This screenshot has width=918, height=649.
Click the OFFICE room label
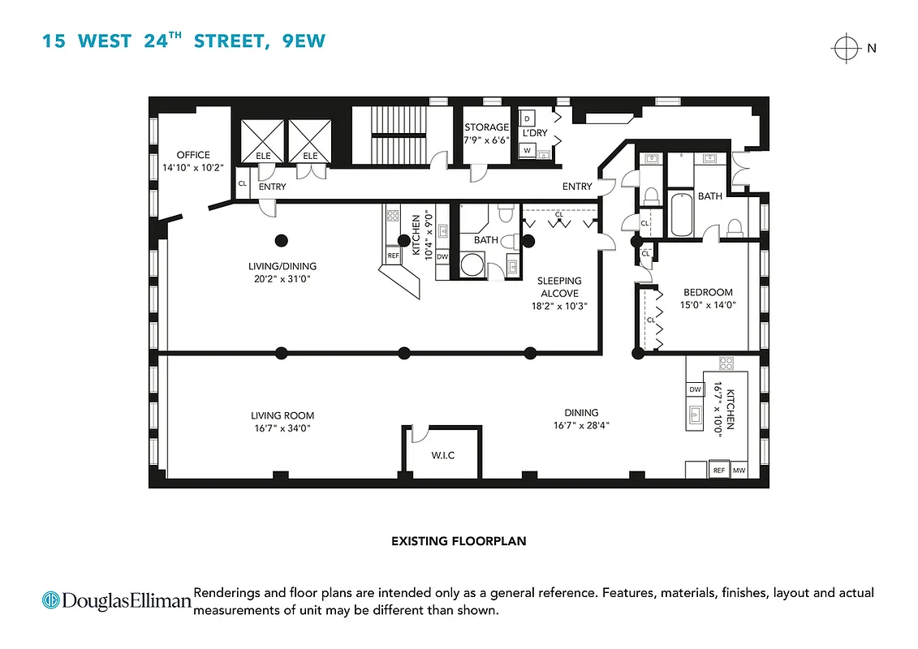click(193, 155)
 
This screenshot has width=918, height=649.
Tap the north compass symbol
click(845, 49)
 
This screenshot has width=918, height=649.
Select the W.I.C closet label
click(442, 455)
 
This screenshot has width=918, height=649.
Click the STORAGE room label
click(486, 127)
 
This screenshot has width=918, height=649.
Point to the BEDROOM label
click(707, 292)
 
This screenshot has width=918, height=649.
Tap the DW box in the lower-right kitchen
click(695, 390)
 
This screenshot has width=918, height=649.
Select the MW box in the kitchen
click(739, 471)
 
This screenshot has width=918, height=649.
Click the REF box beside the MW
click(718, 471)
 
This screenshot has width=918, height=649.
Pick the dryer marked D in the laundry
click(528, 118)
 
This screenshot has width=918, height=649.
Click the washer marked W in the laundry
click(528, 150)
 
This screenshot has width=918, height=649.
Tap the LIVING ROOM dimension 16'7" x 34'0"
click(282, 428)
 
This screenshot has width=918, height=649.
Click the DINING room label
click(581, 412)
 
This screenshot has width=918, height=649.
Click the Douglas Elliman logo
click(116, 600)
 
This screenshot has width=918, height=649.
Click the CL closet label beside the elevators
click(243, 183)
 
